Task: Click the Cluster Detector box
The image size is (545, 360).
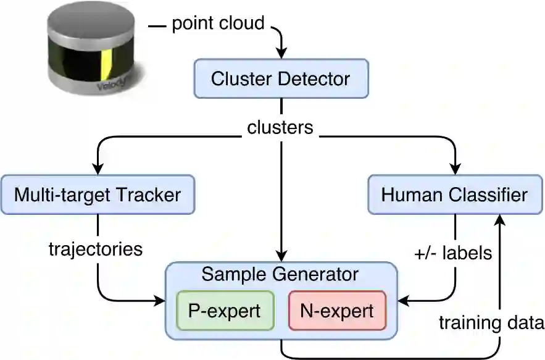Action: coord(281,78)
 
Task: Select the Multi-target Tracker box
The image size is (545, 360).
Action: coord(98,195)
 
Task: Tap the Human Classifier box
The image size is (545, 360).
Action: coord(454,195)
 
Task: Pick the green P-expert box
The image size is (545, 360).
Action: coord(224,310)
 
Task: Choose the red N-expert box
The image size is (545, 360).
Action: coord(337,310)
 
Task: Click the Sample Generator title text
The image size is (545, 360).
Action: coord(281,274)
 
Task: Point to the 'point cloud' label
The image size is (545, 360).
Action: coord(218,24)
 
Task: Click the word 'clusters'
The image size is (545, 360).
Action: coord(281,128)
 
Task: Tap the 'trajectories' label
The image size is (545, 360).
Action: coord(96,249)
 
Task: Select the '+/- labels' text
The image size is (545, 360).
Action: coord(454,253)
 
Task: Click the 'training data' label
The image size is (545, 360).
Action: coord(491,322)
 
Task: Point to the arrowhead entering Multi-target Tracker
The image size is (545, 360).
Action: coord(98,169)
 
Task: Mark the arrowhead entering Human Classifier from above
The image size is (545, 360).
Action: coord(456,169)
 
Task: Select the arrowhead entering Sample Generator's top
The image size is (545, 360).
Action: coord(282,256)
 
